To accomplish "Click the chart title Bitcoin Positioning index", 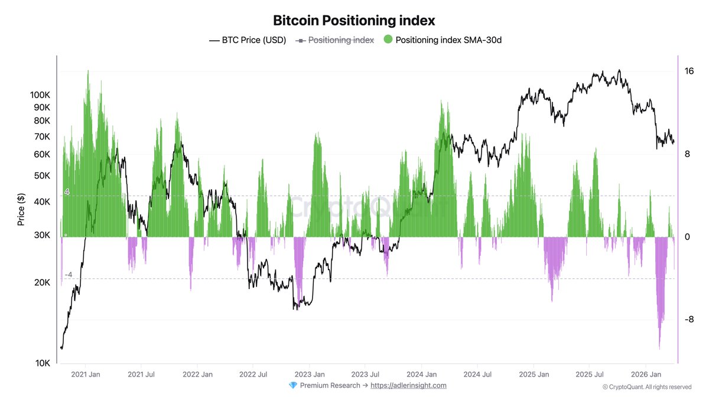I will (354, 20).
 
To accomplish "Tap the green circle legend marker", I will (388, 40).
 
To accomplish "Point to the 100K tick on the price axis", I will (40, 95).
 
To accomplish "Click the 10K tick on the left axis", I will (43, 363).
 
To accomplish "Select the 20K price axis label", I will (42, 283).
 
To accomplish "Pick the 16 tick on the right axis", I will (689, 72).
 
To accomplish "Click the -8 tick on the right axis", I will (688, 320).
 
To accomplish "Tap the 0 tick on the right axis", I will (687, 237).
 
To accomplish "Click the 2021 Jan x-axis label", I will (86, 374).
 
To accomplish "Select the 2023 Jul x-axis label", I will (365, 374).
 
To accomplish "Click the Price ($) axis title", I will (21, 209).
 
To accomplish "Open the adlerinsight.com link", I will (408, 385).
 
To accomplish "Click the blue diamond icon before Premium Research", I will (293, 385).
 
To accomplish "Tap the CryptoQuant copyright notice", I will (647, 387).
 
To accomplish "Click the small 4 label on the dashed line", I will (67, 192).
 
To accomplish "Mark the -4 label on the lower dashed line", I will (68, 275).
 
